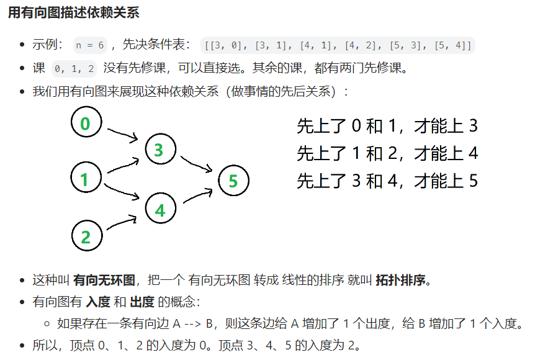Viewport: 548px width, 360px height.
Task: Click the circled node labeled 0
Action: point(86,124)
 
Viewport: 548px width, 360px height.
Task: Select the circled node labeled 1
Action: point(85,179)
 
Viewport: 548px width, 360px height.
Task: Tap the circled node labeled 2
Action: point(86,236)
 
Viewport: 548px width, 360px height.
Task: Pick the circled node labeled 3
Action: point(159,150)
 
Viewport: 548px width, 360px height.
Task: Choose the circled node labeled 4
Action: point(160,210)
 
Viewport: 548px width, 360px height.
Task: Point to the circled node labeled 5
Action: point(233,181)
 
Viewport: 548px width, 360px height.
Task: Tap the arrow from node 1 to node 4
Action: point(122,192)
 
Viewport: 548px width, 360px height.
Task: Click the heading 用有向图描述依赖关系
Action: point(74,12)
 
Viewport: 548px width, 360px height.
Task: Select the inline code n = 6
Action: point(90,45)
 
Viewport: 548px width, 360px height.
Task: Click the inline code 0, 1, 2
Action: point(74,68)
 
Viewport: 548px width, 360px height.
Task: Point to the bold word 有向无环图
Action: point(104,279)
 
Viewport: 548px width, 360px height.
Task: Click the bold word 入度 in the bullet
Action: point(97,302)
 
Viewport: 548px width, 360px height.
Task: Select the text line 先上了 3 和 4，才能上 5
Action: point(387,181)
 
